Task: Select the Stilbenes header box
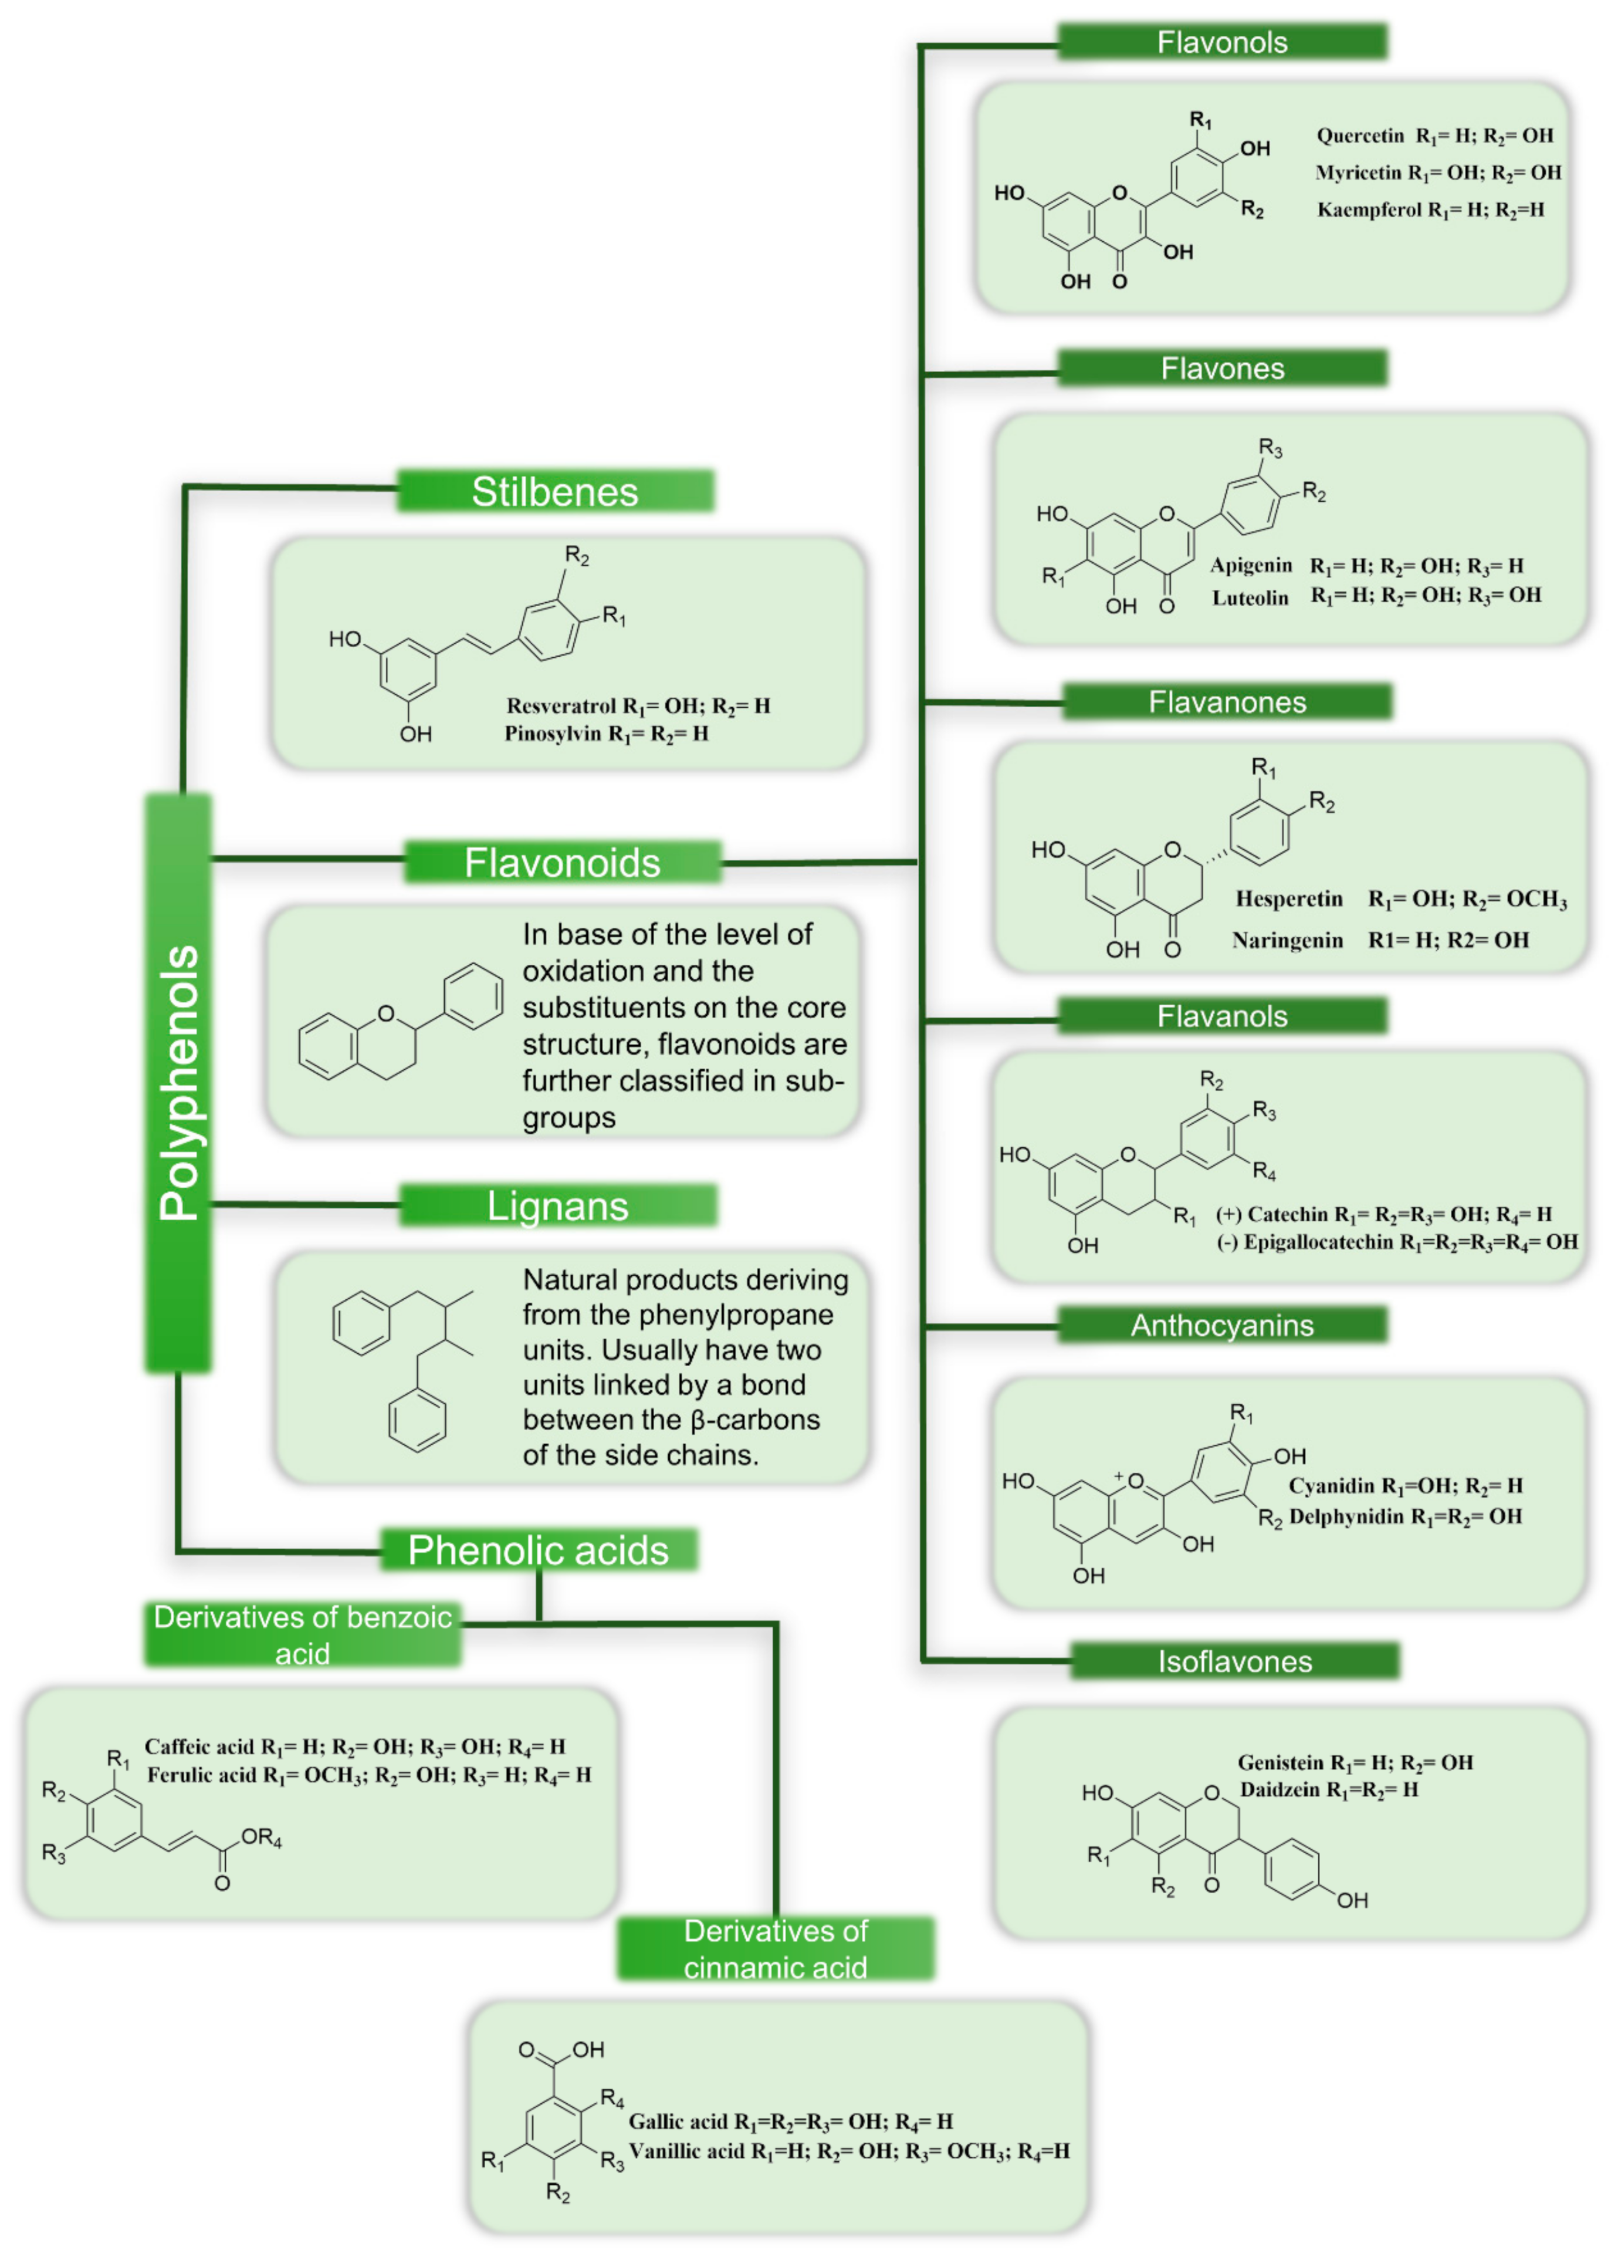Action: (x=555, y=492)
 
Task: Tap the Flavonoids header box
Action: (x=562, y=862)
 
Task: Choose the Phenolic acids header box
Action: (x=539, y=1549)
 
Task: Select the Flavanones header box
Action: (x=1226, y=702)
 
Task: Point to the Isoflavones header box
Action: (x=1234, y=1661)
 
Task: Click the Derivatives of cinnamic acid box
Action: (x=775, y=1948)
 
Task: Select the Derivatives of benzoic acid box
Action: (x=303, y=1634)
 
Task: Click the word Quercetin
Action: (x=1359, y=136)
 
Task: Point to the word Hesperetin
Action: (x=1289, y=898)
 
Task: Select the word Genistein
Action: (x=1279, y=1762)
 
